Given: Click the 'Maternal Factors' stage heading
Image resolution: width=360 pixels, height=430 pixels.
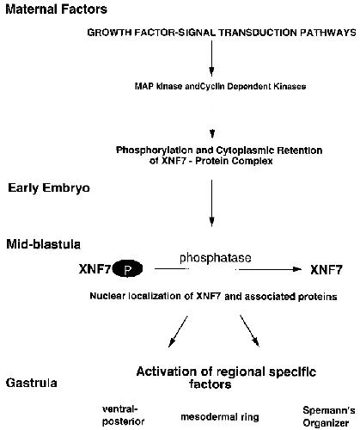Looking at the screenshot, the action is coord(57,9).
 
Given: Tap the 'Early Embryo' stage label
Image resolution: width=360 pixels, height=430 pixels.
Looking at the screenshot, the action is coord(49,188).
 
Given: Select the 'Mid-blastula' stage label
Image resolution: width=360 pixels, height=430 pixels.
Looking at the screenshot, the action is coord(43,244).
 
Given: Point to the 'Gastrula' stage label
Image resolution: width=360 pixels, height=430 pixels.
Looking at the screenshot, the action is coord(31,383).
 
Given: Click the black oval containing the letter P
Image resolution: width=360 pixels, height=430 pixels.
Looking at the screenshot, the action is coord(127,269).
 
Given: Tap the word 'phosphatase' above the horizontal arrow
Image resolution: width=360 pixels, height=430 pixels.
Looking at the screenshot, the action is coord(216,258).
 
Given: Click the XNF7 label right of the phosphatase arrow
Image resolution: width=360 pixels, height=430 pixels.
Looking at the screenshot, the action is coord(326,270).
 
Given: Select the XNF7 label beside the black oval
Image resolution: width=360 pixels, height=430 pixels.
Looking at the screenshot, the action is coord(95,269).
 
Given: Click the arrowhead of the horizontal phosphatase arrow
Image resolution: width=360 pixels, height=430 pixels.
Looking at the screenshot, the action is coord(298,269).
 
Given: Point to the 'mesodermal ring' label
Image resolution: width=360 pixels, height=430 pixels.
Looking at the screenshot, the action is coord(220,417).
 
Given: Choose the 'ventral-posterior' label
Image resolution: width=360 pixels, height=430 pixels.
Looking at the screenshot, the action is coord(123,415).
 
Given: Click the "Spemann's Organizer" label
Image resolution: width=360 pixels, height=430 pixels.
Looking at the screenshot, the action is coord(329,416).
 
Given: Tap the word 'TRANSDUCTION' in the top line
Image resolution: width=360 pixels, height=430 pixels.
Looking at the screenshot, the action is coord(258,33).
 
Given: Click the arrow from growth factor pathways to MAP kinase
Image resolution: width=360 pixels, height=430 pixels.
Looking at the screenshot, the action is coord(211,58).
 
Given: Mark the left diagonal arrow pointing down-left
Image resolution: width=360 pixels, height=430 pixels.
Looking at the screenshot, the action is coord(178,332).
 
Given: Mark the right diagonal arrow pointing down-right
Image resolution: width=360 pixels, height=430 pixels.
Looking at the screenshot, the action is coord(249,331).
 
